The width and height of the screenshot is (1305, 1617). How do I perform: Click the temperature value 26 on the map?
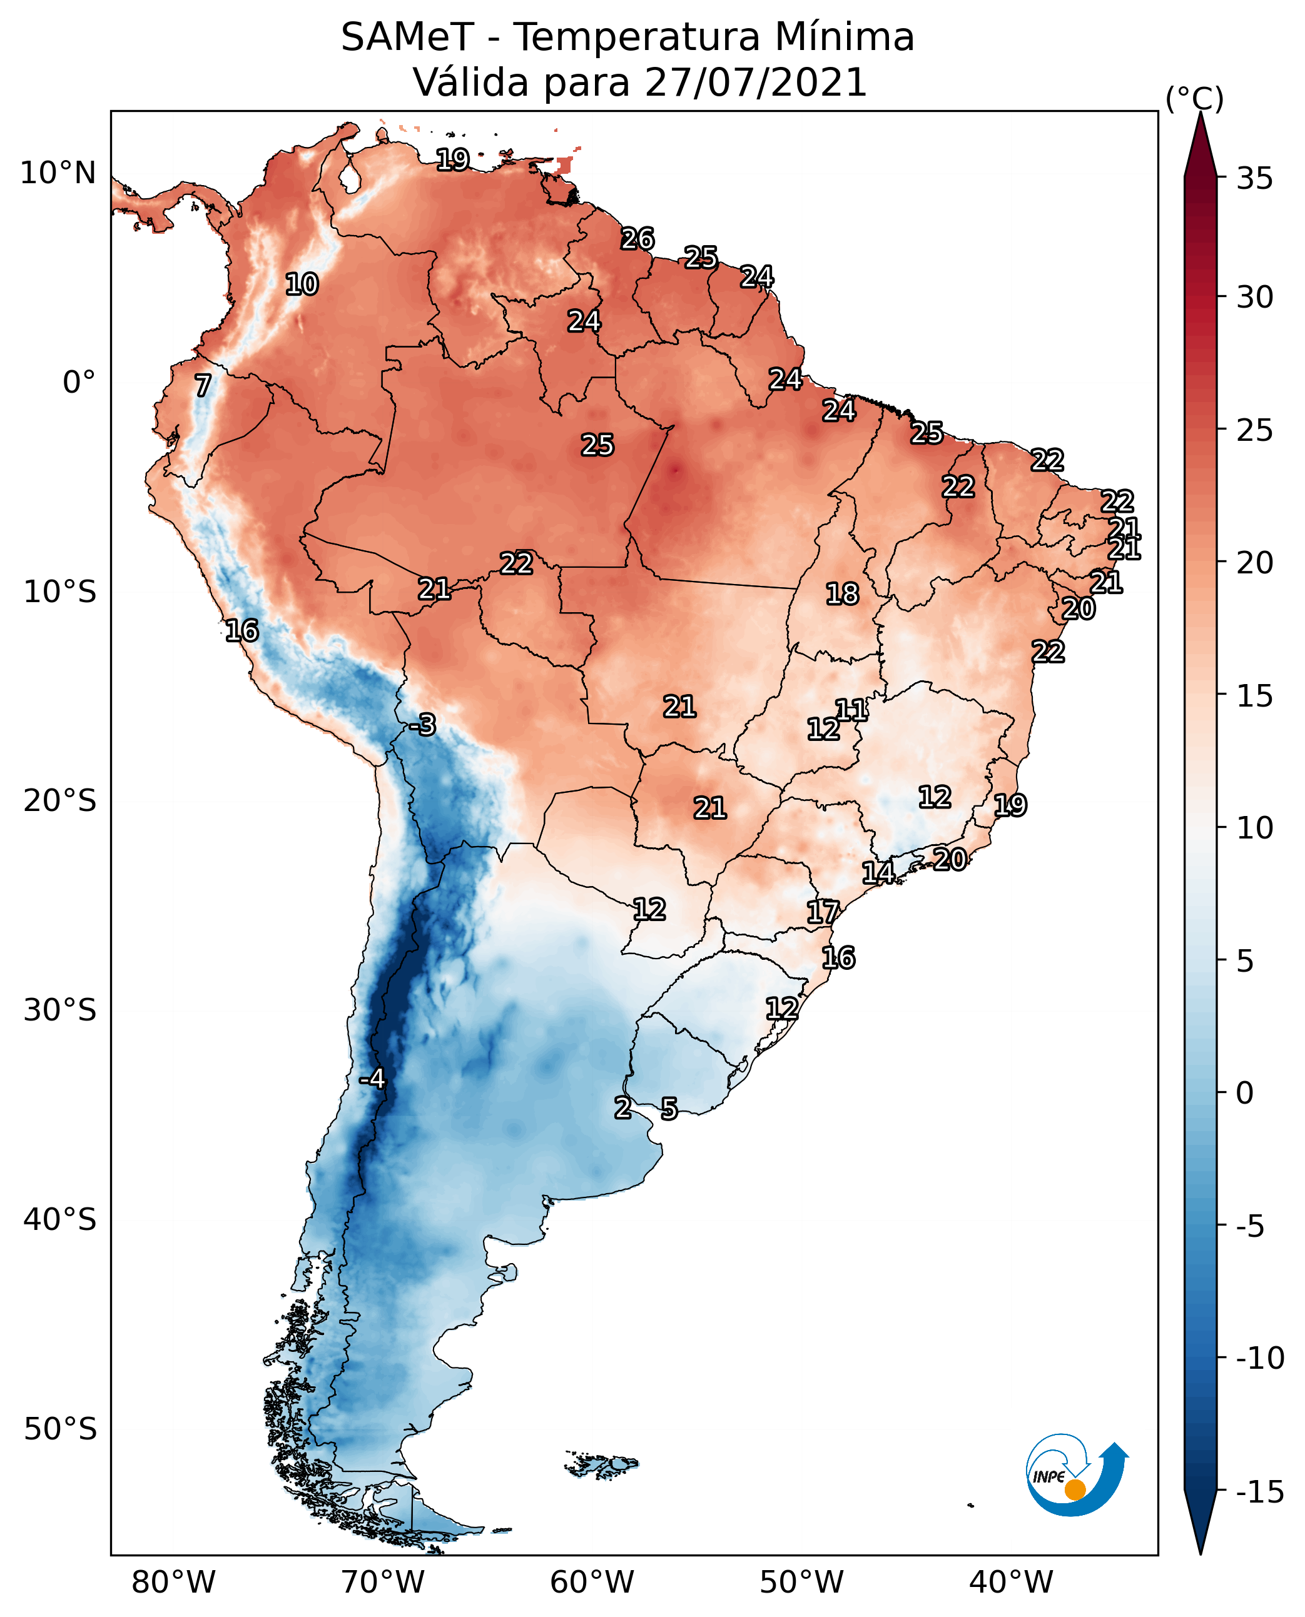click(637, 239)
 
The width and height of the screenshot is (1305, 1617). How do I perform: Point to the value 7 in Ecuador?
click(203, 385)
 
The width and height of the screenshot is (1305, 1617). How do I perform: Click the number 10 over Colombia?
click(302, 284)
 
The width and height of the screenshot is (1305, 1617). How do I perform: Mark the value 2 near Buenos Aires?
click(622, 1107)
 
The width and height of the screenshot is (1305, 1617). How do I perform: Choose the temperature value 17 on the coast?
click(823, 912)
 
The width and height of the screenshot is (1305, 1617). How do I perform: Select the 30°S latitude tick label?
click(60, 1010)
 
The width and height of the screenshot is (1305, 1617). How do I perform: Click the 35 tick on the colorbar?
click(1254, 179)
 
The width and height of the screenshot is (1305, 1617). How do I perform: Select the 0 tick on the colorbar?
click(1245, 1093)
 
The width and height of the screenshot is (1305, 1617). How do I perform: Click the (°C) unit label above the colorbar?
click(1194, 98)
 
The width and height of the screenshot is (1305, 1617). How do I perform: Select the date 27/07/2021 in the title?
click(756, 83)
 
